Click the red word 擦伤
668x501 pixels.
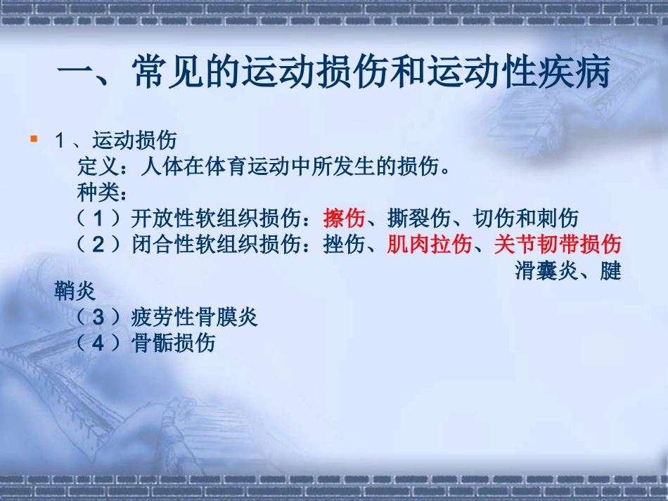(x=344, y=219)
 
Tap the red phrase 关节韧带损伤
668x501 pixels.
(x=558, y=245)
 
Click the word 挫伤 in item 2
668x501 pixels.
(x=344, y=245)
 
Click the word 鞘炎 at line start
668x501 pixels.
(x=75, y=290)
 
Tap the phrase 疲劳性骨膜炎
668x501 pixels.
(x=194, y=318)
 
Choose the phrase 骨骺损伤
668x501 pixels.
(x=173, y=344)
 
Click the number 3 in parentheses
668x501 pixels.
(x=98, y=318)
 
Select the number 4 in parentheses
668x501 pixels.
(x=98, y=344)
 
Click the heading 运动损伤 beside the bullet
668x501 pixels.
(x=134, y=141)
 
